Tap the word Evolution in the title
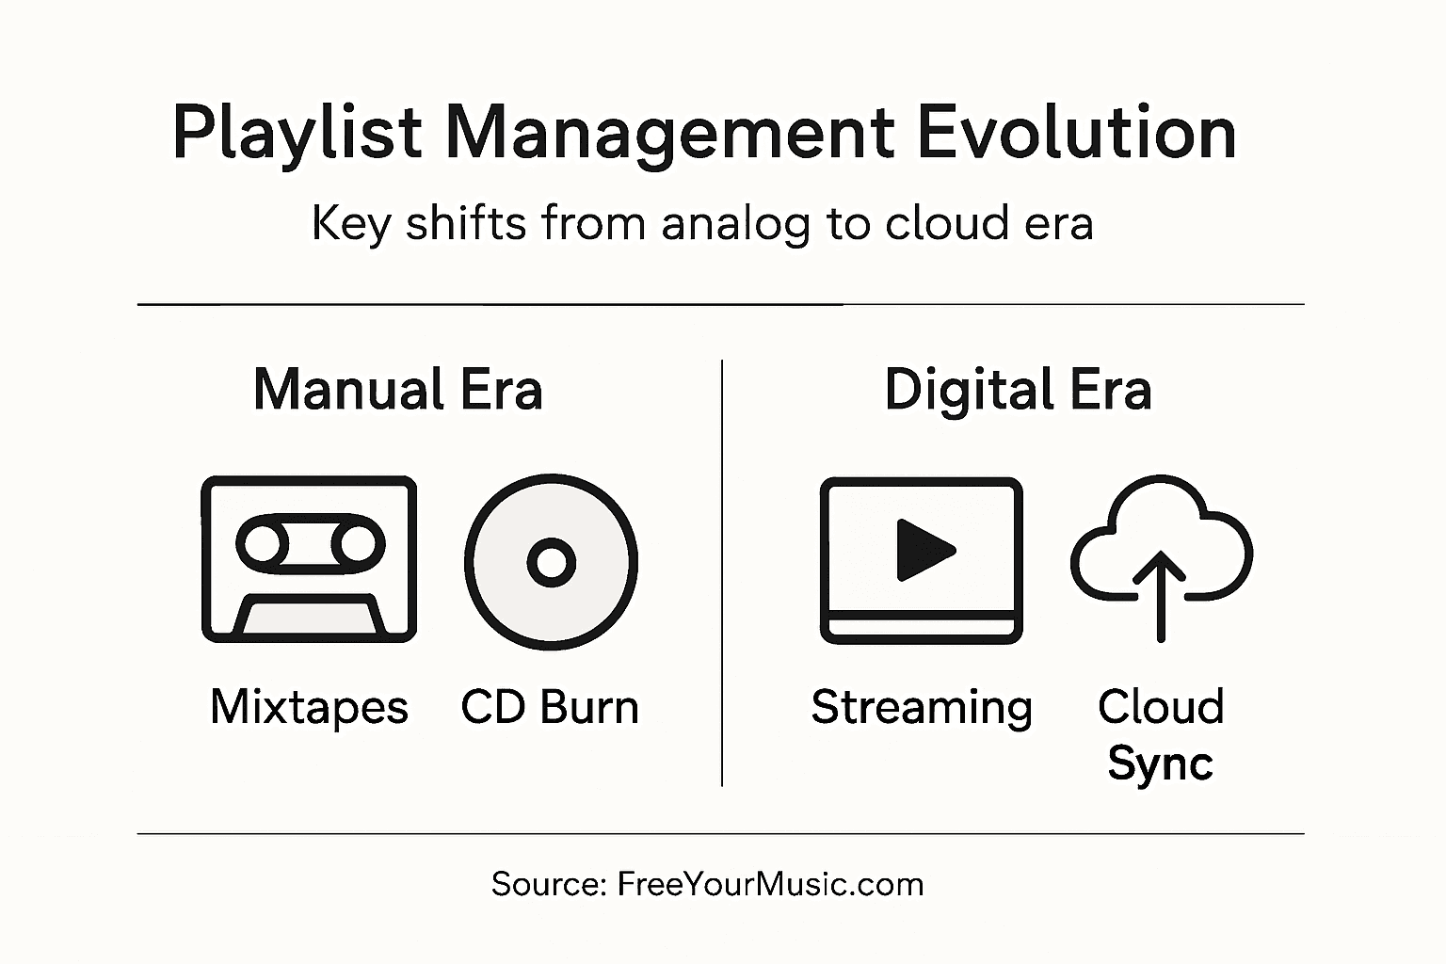(x=1076, y=132)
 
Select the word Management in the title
(x=668, y=134)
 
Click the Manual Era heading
(x=398, y=390)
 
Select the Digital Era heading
(x=1018, y=390)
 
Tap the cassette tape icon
(x=309, y=559)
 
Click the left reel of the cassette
(x=263, y=543)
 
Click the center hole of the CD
(x=551, y=563)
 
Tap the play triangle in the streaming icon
(x=924, y=550)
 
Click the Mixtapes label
(x=309, y=707)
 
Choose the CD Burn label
(x=550, y=707)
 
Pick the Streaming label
(x=922, y=707)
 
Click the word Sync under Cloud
(x=1160, y=763)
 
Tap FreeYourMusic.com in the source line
(x=770, y=884)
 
